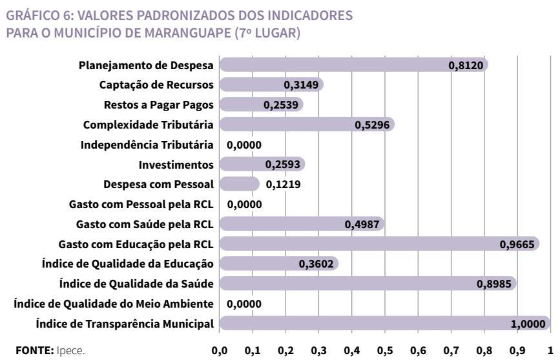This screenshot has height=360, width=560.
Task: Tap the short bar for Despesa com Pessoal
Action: (x=239, y=184)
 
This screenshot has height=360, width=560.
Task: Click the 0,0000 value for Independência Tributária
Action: (x=244, y=145)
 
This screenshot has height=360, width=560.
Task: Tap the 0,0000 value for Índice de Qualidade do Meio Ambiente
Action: (x=244, y=303)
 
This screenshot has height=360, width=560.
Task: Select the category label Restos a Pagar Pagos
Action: (x=159, y=105)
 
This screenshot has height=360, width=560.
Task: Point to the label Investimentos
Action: (x=176, y=164)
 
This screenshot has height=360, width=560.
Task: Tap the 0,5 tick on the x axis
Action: (x=385, y=350)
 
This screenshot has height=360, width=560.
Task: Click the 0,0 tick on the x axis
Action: (x=220, y=350)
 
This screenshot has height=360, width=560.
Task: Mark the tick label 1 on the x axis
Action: (x=550, y=350)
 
